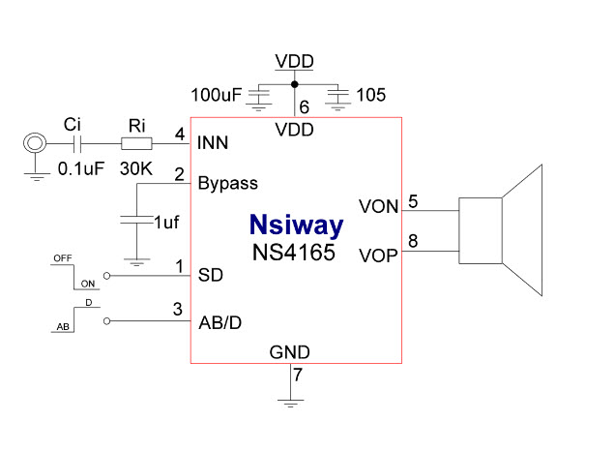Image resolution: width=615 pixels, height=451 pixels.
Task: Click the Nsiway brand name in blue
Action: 295,226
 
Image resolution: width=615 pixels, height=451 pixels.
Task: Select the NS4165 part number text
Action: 295,256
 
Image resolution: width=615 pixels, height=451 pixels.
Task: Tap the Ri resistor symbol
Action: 136,144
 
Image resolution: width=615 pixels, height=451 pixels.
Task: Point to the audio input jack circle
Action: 35,144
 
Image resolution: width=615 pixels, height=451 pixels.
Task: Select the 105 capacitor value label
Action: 369,95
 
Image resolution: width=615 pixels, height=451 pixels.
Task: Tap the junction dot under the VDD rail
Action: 294,83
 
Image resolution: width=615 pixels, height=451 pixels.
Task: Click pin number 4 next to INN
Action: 179,135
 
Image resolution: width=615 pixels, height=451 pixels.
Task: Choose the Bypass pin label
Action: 228,182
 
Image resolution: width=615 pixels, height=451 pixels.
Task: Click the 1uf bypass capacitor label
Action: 167,221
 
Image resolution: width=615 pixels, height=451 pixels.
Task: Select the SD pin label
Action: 211,275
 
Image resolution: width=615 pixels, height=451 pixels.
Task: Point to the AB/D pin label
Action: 220,322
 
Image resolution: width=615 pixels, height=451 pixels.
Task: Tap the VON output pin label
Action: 377,206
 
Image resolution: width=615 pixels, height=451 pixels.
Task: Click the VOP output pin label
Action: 377,256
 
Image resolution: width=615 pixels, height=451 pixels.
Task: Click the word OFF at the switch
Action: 62,258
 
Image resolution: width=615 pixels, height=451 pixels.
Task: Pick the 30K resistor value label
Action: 136,167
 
